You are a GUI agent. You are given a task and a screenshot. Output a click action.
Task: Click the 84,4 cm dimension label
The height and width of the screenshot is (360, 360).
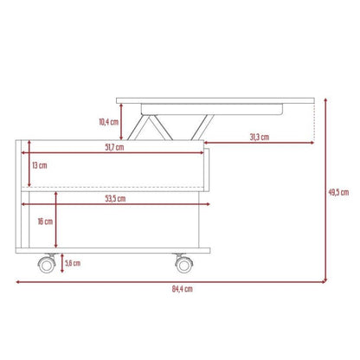183,289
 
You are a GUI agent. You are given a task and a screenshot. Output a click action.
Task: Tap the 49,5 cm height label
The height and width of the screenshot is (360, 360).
338,192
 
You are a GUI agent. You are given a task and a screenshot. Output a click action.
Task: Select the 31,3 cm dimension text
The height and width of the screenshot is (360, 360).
260,137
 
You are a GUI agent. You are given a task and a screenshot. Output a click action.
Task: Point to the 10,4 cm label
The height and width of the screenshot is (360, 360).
109,122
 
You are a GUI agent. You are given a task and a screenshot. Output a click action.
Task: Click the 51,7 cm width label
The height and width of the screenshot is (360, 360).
114,147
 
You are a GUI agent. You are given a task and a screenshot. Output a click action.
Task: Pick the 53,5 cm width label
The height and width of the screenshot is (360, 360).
115,198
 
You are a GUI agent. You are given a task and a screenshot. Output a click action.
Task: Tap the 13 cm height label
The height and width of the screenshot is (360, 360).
40,165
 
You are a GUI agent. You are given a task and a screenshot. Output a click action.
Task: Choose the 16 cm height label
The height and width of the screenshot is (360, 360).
45,222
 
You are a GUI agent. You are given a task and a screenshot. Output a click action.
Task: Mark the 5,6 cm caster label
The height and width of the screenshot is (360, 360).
73,263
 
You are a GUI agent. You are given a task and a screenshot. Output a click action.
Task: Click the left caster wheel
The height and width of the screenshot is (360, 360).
47,264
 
